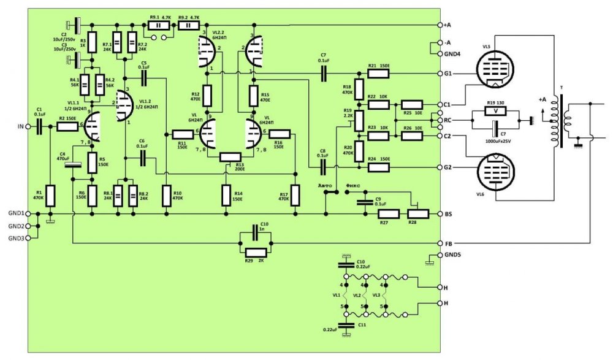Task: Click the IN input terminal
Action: pyautogui.click(x=27, y=127)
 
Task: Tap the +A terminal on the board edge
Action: pyautogui.click(x=440, y=25)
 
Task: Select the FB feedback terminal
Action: pyautogui.click(x=440, y=243)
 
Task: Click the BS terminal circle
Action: pyautogui.click(x=440, y=214)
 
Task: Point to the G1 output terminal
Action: pyautogui.click(x=440, y=74)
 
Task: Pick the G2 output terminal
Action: pyautogui.click(x=440, y=167)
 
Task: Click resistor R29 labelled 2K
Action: pyautogui.click(x=256, y=252)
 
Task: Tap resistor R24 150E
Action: pyautogui.click(x=378, y=167)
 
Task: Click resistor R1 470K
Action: pyautogui.click(x=51, y=196)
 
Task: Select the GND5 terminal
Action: pyautogui.click(x=440, y=255)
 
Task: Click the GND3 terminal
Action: pyautogui.click(x=27, y=238)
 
